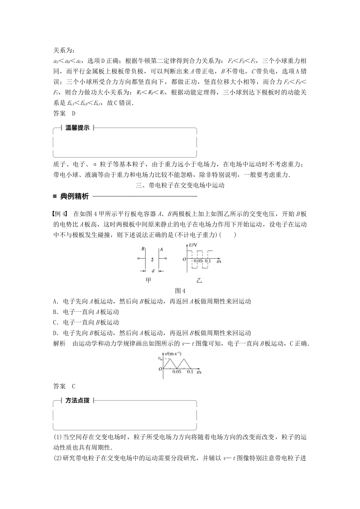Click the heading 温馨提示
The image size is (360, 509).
[77, 128]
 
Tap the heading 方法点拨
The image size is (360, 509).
[77, 401]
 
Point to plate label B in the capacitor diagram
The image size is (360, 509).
[142, 249]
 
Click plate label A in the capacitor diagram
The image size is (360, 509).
[161, 249]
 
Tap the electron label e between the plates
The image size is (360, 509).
[152, 260]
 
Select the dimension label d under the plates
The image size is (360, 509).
[152, 271]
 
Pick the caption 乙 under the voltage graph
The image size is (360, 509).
[199, 281]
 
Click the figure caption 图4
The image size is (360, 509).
[180, 291]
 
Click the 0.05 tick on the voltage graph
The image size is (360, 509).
[198, 261]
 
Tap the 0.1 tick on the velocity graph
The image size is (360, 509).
[190, 372]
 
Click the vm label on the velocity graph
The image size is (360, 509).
[160, 358]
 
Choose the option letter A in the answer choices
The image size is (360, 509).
[56, 301]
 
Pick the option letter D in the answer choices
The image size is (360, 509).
[56, 333]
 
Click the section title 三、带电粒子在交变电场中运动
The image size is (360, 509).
[180, 185]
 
